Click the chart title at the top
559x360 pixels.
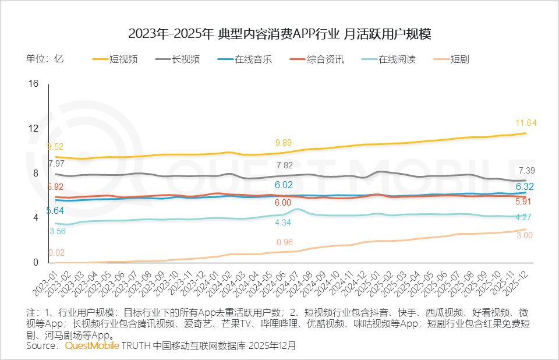pyautogui.click(x=279, y=33)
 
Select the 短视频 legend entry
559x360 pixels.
pyautogui.click(x=123, y=59)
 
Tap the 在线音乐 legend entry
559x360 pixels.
pyautogui.click(x=253, y=59)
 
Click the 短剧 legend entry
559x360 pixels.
pyautogui.click(x=459, y=59)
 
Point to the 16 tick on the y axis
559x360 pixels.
pyautogui.click(x=33, y=84)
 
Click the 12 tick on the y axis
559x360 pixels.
pyautogui.click(x=33, y=129)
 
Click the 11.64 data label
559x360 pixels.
pyautogui.click(x=526, y=123)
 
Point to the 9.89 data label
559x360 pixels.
pyautogui.click(x=284, y=143)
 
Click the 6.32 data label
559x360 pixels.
pyautogui.click(x=526, y=187)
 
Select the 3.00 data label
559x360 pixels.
pyautogui.click(x=525, y=235)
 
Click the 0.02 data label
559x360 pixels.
pyautogui.click(x=56, y=253)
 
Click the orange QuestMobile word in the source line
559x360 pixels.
pyautogui.click(x=92, y=345)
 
